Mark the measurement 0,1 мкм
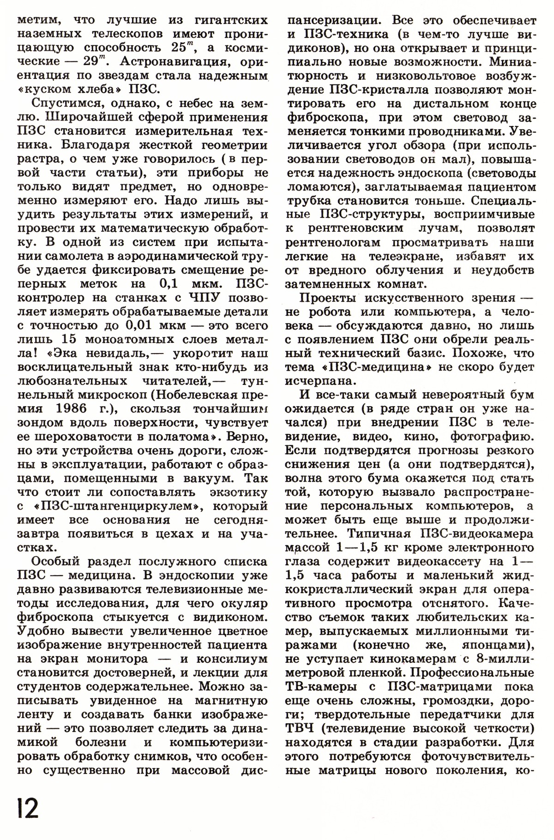(184, 283)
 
